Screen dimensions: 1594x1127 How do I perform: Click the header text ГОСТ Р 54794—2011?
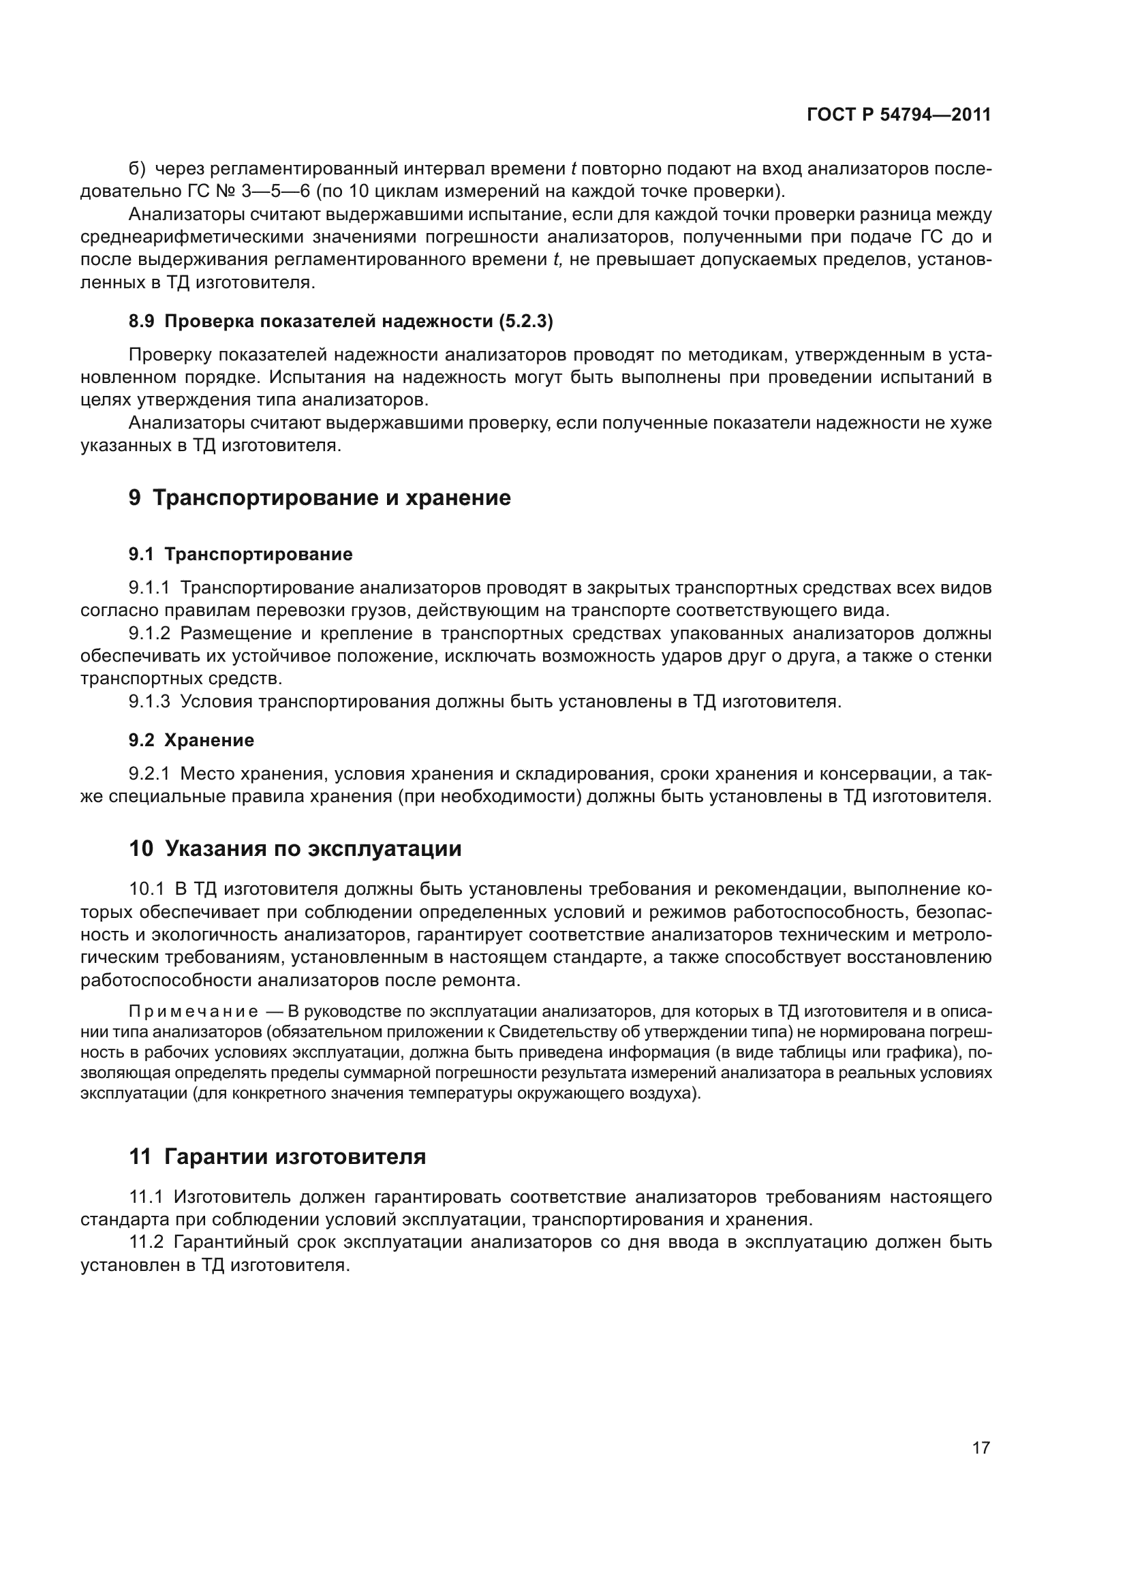click(899, 115)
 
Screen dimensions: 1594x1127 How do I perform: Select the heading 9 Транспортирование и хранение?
click(320, 497)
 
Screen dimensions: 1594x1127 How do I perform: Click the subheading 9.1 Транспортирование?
click(241, 554)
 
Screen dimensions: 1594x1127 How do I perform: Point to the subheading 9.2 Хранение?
click(191, 740)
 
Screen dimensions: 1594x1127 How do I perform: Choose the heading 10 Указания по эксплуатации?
click(295, 848)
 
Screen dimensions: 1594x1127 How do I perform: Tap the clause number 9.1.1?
click(149, 588)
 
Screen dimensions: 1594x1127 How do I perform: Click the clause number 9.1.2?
click(149, 633)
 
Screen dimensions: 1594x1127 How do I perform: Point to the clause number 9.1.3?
click(149, 701)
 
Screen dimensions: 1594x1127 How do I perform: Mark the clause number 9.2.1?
click(149, 773)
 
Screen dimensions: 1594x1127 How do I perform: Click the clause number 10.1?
click(146, 889)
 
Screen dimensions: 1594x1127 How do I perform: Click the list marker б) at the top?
click(138, 169)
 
